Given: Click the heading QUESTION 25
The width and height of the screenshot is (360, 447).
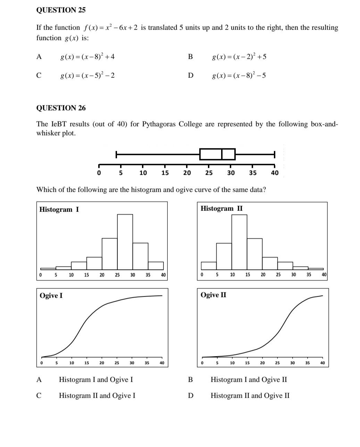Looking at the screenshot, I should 61,10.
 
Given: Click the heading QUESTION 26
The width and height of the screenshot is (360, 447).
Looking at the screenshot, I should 61,108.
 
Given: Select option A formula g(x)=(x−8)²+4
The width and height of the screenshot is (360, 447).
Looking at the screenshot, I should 87,57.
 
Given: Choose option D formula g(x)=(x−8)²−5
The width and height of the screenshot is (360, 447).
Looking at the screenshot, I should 239,75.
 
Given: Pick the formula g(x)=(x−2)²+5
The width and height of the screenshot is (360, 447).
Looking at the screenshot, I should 239,57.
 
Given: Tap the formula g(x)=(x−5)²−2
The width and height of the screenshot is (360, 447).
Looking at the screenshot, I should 87,75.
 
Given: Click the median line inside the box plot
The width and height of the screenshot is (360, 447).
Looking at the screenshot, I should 222,154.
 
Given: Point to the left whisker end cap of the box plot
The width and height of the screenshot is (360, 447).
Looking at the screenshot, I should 116,154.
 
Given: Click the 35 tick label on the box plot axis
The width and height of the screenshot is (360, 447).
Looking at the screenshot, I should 253,173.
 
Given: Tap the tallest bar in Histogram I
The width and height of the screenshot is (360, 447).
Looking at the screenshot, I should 125,241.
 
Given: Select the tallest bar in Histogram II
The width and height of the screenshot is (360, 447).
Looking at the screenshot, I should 240,241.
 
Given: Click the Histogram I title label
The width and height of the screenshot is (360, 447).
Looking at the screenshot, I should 59,209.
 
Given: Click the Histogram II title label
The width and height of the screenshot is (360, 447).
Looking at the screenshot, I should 221,208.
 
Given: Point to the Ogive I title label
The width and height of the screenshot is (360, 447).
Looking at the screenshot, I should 51,296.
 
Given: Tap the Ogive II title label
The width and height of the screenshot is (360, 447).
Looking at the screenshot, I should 213,295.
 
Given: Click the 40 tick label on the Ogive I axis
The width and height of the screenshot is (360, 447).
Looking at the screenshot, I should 162,363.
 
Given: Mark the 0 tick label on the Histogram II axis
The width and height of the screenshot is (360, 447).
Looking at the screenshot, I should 202,275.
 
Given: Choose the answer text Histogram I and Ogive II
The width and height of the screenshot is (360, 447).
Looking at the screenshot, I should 249,380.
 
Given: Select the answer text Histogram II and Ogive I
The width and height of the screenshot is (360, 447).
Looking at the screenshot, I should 97,396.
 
